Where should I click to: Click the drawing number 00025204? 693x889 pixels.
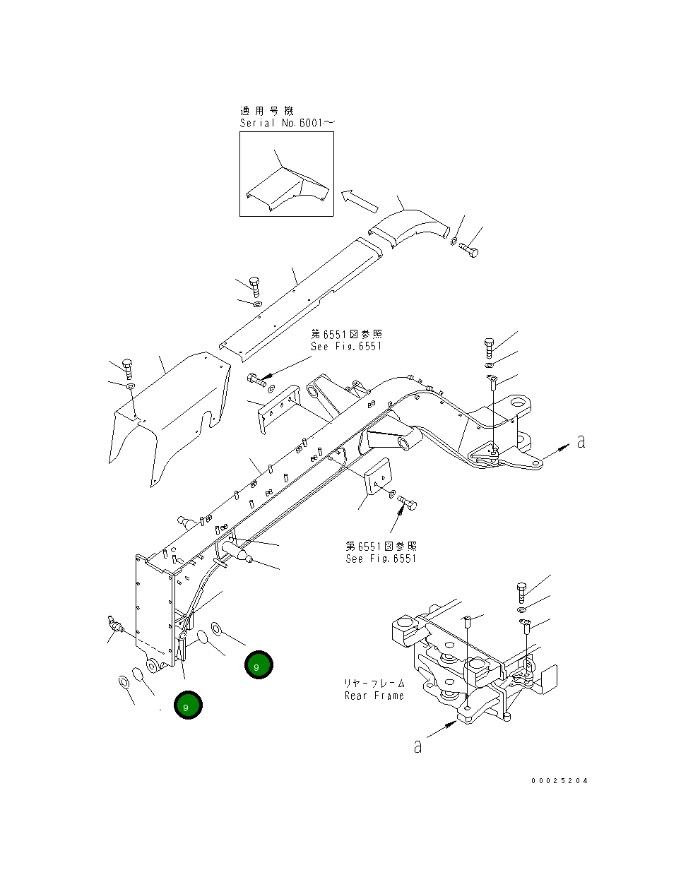pyautogui.click(x=559, y=781)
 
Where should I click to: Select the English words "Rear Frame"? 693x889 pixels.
pyautogui.click(x=374, y=696)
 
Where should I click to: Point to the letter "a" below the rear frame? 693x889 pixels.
pyautogui.click(x=417, y=746)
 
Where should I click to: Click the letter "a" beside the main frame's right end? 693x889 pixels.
pyautogui.click(x=581, y=442)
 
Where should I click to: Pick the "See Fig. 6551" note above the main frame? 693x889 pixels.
pyautogui.click(x=346, y=346)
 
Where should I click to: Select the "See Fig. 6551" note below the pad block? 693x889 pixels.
pyautogui.click(x=381, y=559)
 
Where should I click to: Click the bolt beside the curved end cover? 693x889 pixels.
pyautogui.click(x=468, y=249)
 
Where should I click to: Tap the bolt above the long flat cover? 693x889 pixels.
pyautogui.click(x=255, y=286)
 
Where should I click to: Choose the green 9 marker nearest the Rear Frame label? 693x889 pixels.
pyautogui.click(x=259, y=665)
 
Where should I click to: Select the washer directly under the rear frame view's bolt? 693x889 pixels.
pyautogui.click(x=521, y=609)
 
